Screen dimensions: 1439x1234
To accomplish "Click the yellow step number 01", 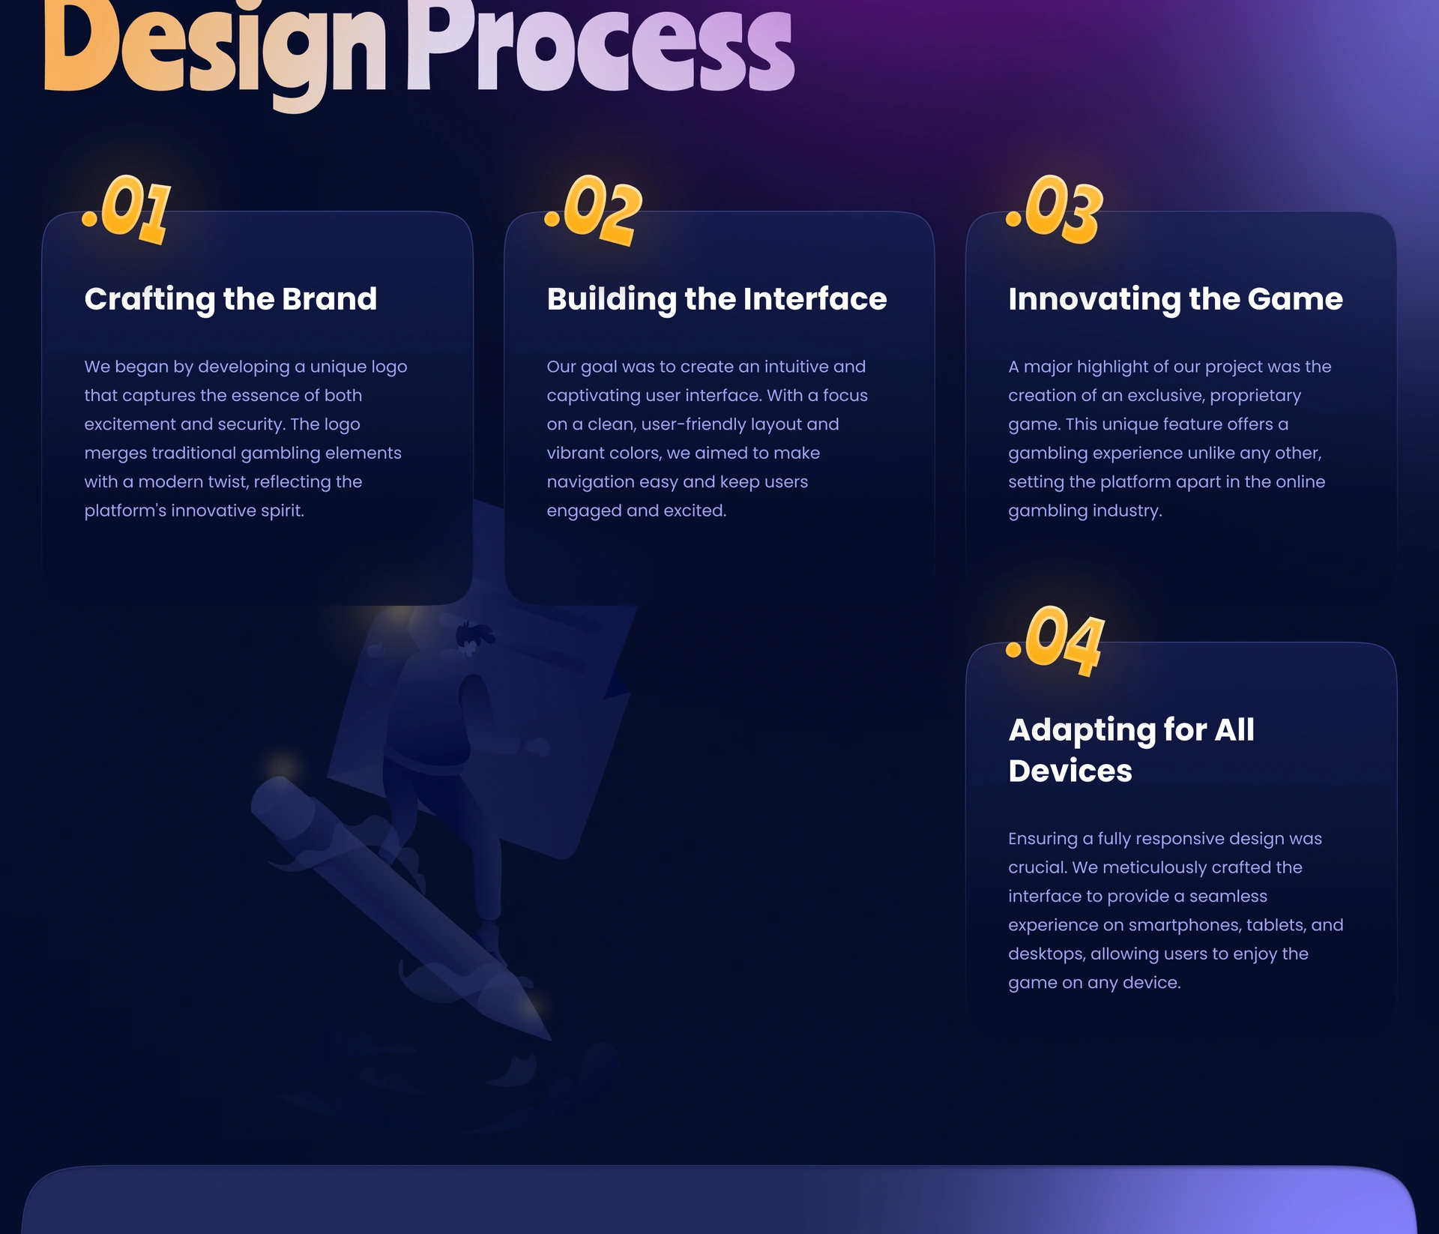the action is tap(127, 210).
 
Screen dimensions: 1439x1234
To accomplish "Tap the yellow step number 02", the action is tap(594, 211).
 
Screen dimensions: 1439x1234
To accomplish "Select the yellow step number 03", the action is tap(1055, 210).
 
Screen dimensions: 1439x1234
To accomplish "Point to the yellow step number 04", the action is tap(1055, 641).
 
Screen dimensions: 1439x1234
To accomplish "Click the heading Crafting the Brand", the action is tap(231, 299).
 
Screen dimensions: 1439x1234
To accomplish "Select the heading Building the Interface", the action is tap(717, 299).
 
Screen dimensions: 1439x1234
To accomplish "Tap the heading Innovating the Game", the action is tap(1175, 299).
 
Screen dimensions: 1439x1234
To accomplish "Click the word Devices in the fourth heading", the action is tap(1070, 771).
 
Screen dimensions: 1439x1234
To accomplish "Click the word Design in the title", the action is tap(215, 49).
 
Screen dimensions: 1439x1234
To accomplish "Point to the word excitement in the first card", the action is tap(130, 424).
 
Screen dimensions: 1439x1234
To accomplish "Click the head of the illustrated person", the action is tap(473, 636).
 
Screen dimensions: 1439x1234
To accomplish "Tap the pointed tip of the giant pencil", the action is tap(549, 1039).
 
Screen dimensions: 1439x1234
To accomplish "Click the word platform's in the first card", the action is tap(125, 511).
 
